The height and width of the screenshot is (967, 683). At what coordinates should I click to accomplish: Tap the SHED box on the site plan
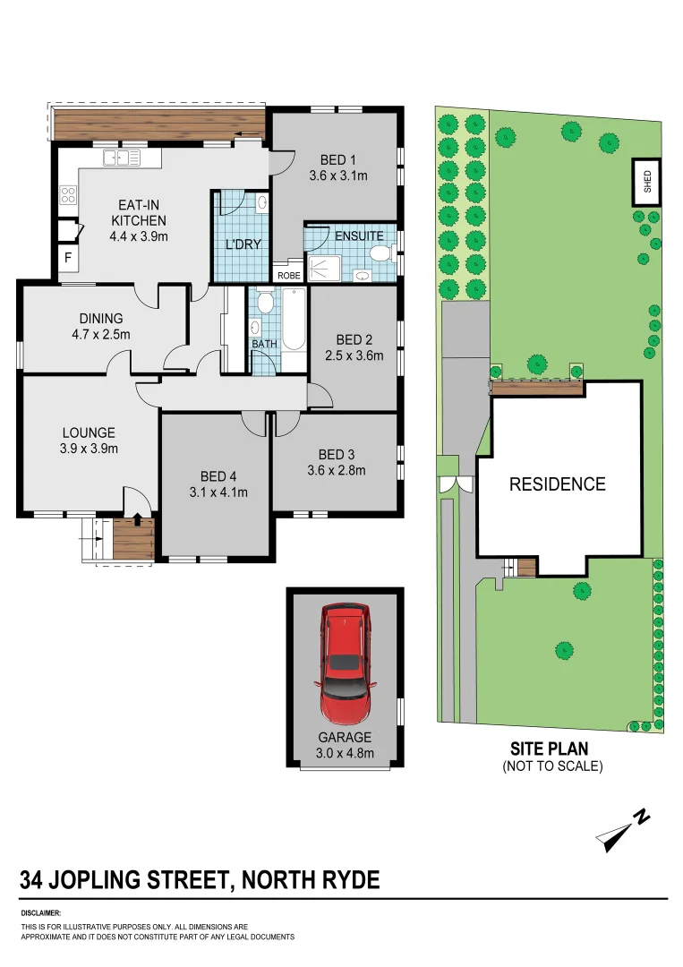(x=648, y=183)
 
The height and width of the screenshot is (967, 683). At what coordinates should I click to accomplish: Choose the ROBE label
(x=289, y=276)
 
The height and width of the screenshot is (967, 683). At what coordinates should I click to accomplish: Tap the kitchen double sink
(x=121, y=158)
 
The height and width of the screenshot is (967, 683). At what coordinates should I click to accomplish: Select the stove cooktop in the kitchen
(x=68, y=194)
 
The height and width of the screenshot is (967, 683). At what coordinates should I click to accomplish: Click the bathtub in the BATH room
(x=293, y=329)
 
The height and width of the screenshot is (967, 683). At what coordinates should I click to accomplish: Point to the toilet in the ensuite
(x=380, y=255)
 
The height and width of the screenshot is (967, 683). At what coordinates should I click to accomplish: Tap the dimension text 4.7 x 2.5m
(x=100, y=335)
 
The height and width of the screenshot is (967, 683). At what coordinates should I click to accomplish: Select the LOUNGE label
(x=88, y=433)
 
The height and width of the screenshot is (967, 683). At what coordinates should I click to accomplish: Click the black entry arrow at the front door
(x=136, y=517)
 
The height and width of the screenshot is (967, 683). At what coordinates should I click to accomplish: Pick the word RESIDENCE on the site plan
(x=557, y=484)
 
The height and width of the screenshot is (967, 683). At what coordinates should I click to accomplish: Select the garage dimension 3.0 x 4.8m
(x=345, y=753)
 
